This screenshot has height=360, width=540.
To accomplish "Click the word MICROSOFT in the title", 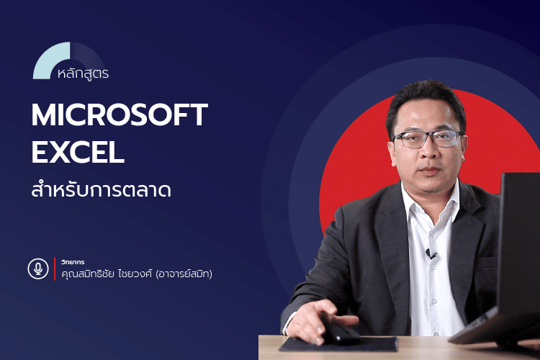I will pos(120,116).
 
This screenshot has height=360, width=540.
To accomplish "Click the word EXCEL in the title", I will pos(78,153).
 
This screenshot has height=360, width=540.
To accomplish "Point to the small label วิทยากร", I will pos(73,261).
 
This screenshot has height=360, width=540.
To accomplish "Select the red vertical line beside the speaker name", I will pos(55,269).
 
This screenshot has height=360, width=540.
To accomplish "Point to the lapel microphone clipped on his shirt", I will pos(431,253).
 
